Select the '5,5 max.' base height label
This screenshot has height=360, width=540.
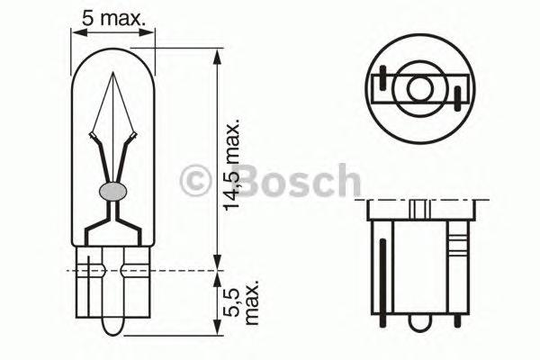point(240,302)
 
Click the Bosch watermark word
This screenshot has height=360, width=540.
point(287,181)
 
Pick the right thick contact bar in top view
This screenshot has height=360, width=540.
point(457,96)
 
